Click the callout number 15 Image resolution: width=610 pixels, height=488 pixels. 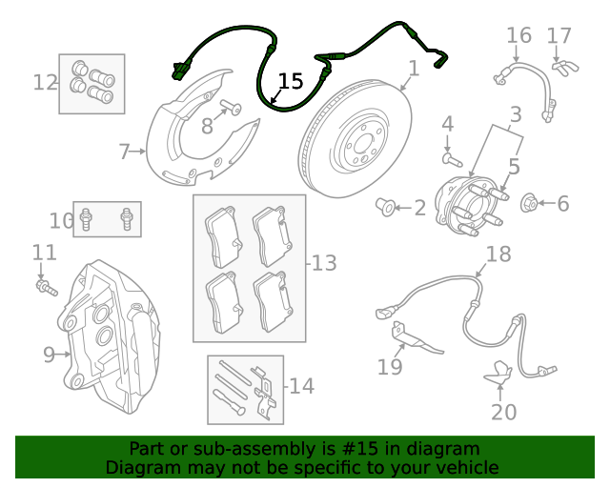click(291, 82)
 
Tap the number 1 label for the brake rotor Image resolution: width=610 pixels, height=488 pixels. click(414, 69)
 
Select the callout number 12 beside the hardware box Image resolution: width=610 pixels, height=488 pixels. click(45, 83)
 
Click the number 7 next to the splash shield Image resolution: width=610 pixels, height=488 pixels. click(124, 151)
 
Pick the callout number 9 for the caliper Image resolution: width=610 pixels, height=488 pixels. click(49, 355)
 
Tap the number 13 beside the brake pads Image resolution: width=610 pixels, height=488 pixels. click(324, 262)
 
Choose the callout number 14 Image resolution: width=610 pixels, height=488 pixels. click(301, 386)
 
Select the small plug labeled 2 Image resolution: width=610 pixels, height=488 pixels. click(388, 206)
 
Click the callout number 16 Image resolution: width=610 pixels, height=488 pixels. click(518, 36)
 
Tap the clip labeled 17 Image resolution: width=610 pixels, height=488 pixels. click(567, 68)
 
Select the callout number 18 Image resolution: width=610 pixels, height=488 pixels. click(498, 254)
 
